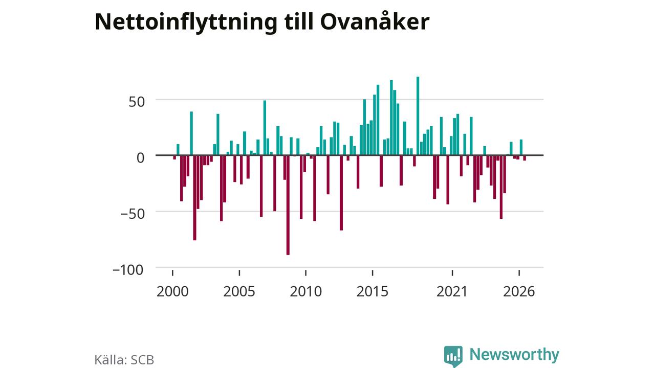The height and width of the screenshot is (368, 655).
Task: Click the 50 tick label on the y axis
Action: pos(137,102)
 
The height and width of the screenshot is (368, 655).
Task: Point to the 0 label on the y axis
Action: pos(141,158)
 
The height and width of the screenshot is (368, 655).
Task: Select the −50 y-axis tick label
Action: pos(133,214)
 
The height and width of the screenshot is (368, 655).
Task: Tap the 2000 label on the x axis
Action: pos(172,291)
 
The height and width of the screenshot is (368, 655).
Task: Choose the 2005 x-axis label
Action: pos(239,291)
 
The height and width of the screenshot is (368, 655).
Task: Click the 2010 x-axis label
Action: pos(306,291)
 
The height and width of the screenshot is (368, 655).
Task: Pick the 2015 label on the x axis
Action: pos(373,291)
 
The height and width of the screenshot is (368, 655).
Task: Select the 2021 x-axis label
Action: pos(452,291)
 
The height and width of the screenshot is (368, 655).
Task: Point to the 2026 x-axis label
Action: pos(519,291)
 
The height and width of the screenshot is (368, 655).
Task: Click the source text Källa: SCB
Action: pos(124,359)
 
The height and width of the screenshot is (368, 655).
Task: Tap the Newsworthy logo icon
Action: pos(453,356)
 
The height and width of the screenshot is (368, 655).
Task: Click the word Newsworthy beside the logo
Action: pos(514,354)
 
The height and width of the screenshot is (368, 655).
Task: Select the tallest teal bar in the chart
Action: pos(418,116)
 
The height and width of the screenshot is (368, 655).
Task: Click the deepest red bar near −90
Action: pos(288,205)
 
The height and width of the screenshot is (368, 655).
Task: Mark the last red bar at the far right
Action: pos(525,158)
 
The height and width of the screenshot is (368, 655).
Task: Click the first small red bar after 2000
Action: pos(174,157)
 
